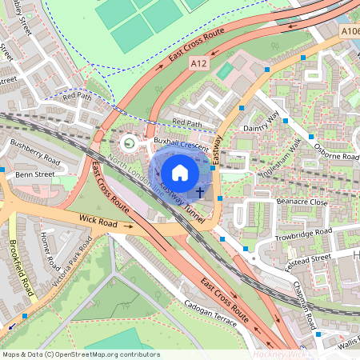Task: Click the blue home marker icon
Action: pos(180,171)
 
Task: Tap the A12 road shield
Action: pos(199,62)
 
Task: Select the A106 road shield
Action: pos(349,30)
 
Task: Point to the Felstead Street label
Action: pos(310,258)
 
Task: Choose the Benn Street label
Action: pos(34,173)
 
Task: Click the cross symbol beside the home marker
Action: pos(199,193)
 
